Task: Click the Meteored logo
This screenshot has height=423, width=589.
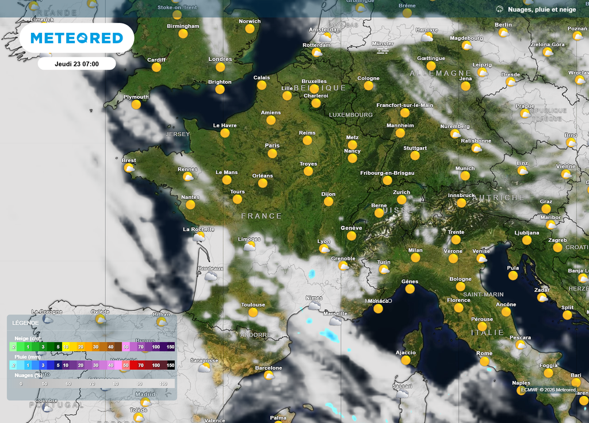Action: click(77, 38)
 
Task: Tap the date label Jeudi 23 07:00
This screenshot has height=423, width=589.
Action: click(77, 64)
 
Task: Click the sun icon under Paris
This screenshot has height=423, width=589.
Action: click(272, 153)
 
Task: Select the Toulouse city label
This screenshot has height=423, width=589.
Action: click(253, 305)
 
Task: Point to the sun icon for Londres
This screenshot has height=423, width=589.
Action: click(220, 67)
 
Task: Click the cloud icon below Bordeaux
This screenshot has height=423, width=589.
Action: click(211, 276)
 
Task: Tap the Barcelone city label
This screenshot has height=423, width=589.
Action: click(269, 368)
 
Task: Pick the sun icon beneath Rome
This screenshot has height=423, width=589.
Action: click(484, 362)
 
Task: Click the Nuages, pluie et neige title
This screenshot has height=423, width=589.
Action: click(542, 9)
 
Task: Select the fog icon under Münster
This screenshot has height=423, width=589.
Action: click(383, 51)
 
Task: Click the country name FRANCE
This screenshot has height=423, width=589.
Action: click(262, 216)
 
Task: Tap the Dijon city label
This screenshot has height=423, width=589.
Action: click(328, 194)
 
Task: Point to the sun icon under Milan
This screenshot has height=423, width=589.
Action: click(415, 258)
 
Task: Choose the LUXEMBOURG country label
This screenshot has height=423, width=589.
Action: click(351, 115)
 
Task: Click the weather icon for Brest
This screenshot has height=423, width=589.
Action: click(129, 168)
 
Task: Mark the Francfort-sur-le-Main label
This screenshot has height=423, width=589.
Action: click(405, 105)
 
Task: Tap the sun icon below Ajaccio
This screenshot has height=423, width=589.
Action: click(406, 360)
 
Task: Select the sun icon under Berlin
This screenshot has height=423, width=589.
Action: click(503, 33)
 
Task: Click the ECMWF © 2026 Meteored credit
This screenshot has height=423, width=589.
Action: click(548, 390)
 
